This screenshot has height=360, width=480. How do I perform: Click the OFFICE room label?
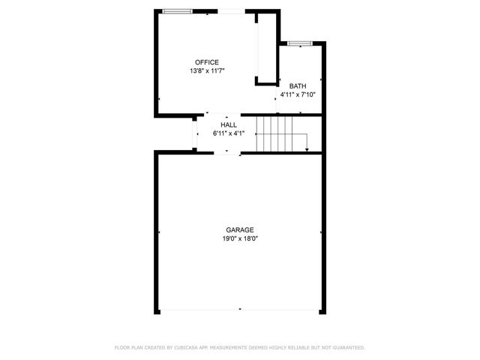[x=206, y=62]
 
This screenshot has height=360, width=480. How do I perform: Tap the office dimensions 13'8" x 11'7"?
[x=207, y=70]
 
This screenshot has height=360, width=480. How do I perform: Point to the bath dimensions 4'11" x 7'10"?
[x=298, y=94]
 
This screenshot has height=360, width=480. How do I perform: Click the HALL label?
[x=229, y=125]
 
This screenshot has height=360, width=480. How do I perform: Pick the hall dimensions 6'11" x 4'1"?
[x=229, y=133]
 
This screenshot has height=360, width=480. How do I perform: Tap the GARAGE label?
[x=239, y=230]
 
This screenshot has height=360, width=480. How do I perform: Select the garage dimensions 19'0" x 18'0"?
[x=239, y=239]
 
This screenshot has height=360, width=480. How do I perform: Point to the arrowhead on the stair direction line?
[x=307, y=149]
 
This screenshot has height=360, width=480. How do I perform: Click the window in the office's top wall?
[x=176, y=10]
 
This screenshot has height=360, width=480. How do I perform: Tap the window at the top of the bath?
[x=299, y=43]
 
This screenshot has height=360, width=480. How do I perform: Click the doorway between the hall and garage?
[x=227, y=152]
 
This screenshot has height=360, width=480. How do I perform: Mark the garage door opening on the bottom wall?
[x=239, y=309]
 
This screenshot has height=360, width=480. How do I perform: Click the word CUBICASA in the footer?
[x=186, y=347]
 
